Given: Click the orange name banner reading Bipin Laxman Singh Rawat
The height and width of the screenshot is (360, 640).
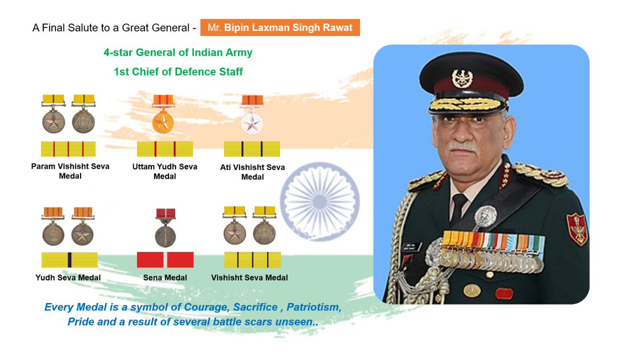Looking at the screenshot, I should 280,27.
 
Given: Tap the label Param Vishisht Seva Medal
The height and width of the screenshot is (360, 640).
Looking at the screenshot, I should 70,171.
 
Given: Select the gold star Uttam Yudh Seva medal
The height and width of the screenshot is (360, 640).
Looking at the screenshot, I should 164,122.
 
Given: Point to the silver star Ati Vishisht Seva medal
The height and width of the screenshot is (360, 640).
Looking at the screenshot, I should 252,123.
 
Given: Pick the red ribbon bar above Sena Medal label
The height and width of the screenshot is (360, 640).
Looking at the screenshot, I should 165,260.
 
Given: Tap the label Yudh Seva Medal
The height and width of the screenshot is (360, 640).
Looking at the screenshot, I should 68,277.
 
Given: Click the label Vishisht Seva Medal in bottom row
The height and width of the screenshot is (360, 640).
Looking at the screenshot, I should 249,277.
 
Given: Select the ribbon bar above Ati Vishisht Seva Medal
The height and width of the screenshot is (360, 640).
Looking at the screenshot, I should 252,149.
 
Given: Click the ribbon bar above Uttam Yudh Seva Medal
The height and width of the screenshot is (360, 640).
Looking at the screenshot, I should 164,149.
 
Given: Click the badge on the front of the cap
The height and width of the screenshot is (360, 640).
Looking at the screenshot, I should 462,78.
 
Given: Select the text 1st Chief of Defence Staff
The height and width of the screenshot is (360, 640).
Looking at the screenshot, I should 178,71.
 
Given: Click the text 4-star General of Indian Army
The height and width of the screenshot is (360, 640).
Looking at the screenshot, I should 178,53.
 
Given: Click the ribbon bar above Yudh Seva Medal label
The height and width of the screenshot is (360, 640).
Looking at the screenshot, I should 69,260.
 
